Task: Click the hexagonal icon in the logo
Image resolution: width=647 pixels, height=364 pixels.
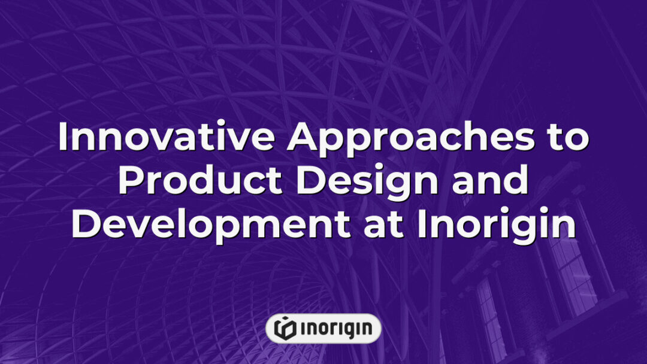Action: [x=284, y=328]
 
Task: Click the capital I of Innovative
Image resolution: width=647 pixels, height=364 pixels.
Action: [x=63, y=138]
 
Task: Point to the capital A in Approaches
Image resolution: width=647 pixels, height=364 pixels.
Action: [x=302, y=138]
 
